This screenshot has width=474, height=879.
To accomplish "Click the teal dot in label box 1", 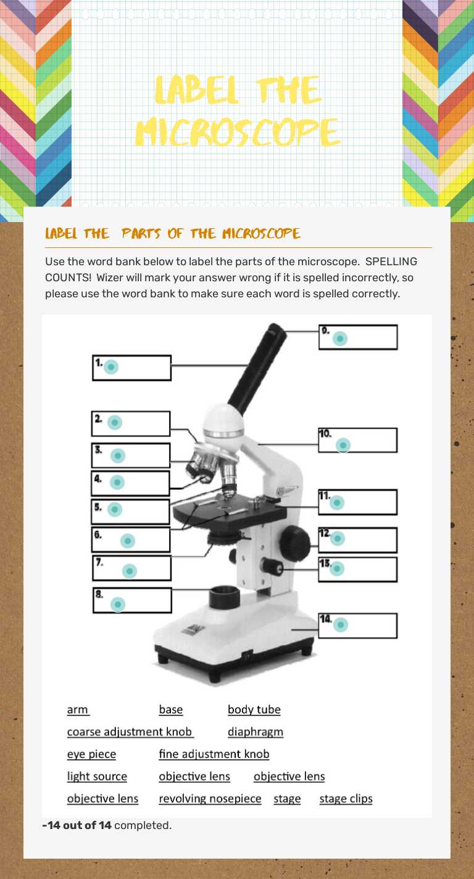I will pos(111,367).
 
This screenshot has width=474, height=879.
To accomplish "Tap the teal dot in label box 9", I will pos(339,339).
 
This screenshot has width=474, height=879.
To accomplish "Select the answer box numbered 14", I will pos(357,625).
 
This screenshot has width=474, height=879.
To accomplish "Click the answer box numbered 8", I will pos(132,600).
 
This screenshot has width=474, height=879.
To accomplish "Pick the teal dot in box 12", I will pos(337,539).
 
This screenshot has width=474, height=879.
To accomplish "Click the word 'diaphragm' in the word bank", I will pos(256,732).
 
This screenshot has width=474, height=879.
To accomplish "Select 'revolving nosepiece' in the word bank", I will pos(210,799).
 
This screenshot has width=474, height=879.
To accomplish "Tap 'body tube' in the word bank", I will pos(254,710).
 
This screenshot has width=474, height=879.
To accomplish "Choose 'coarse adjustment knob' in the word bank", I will pos(130,732).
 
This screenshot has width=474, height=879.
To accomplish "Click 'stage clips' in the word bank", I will pos(346,799).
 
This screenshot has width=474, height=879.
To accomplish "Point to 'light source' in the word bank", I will pos(97,777).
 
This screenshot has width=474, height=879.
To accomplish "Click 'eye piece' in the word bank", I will pos(91,754).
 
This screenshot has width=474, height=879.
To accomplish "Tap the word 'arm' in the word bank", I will pos(78,710).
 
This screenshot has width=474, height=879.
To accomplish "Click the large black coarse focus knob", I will pos(294,543).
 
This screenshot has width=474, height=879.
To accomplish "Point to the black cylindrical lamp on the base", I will pos(224,598).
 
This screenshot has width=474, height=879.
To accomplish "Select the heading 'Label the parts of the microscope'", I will pos(173,234).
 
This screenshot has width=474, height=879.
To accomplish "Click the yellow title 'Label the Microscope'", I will pos(238,111).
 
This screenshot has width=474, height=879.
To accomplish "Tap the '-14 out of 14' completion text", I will pos(77,825).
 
